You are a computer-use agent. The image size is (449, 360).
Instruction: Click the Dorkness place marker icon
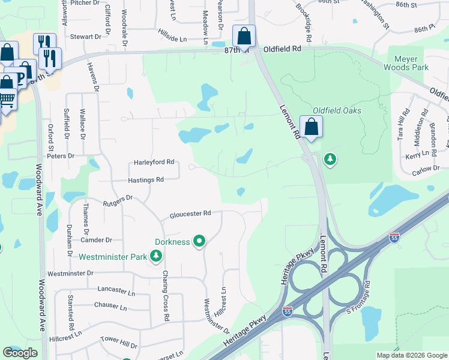pyautogui.click(x=199, y=242)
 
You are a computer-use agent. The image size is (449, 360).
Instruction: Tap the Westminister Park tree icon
pyautogui.click(x=156, y=257)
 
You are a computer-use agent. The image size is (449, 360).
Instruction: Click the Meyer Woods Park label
pyautogui.click(x=411, y=63)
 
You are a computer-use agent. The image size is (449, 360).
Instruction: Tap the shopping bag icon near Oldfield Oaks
pyautogui.click(x=311, y=127)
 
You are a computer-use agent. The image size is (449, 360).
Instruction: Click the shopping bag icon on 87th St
pyautogui.click(x=244, y=37)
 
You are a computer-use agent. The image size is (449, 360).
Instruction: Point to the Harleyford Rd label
pyautogui.click(x=154, y=162)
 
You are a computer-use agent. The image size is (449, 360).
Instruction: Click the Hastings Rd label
pyautogui.click(x=146, y=179)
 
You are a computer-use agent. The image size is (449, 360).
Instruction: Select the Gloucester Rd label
pyautogui.click(x=190, y=214)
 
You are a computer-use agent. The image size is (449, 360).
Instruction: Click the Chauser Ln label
pyautogui.click(x=110, y=307)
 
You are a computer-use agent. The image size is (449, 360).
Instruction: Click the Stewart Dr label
pyautogui.click(x=86, y=37)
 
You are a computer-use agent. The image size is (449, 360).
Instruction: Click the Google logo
pyautogui.click(x=20, y=353)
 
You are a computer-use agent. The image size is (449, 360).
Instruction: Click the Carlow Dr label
pyautogui.click(x=426, y=172)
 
